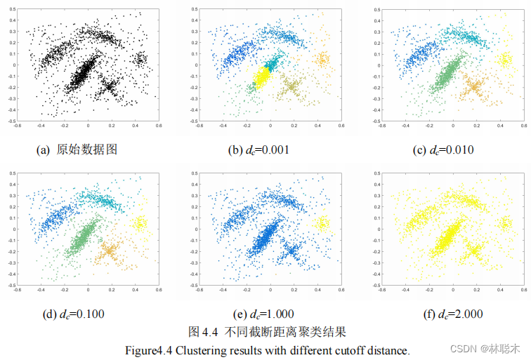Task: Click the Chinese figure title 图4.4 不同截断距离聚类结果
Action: click(x=268, y=331)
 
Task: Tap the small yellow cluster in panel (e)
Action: click(x=322, y=223)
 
